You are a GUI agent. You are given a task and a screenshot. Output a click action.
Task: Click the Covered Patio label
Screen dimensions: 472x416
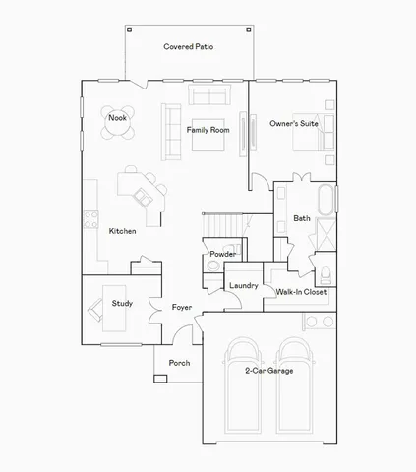[x=188, y=46]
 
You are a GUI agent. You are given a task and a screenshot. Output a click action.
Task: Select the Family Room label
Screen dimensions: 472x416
[x=207, y=130]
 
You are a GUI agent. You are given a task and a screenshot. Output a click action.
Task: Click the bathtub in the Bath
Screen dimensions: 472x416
[x=327, y=202]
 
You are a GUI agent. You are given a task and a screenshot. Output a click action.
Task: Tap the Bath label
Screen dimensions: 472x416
[x=302, y=218]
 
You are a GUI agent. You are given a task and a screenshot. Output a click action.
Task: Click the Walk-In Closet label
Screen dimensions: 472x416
[x=301, y=292]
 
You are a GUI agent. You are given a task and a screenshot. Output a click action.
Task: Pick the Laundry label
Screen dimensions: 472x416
[x=243, y=286]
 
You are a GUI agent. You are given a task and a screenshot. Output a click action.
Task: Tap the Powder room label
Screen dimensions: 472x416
[x=222, y=254]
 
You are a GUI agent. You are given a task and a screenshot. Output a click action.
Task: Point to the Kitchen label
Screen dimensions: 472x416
[x=123, y=230]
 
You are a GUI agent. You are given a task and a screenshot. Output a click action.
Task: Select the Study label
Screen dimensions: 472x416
[x=122, y=303]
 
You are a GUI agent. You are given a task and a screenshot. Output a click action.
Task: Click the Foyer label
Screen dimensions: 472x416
[x=182, y=308]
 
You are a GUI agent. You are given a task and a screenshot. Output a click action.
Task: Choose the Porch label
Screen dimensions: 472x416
[x=179, y=363]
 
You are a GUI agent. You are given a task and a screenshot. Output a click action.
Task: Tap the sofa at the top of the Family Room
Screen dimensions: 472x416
[x=209, y=95]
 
